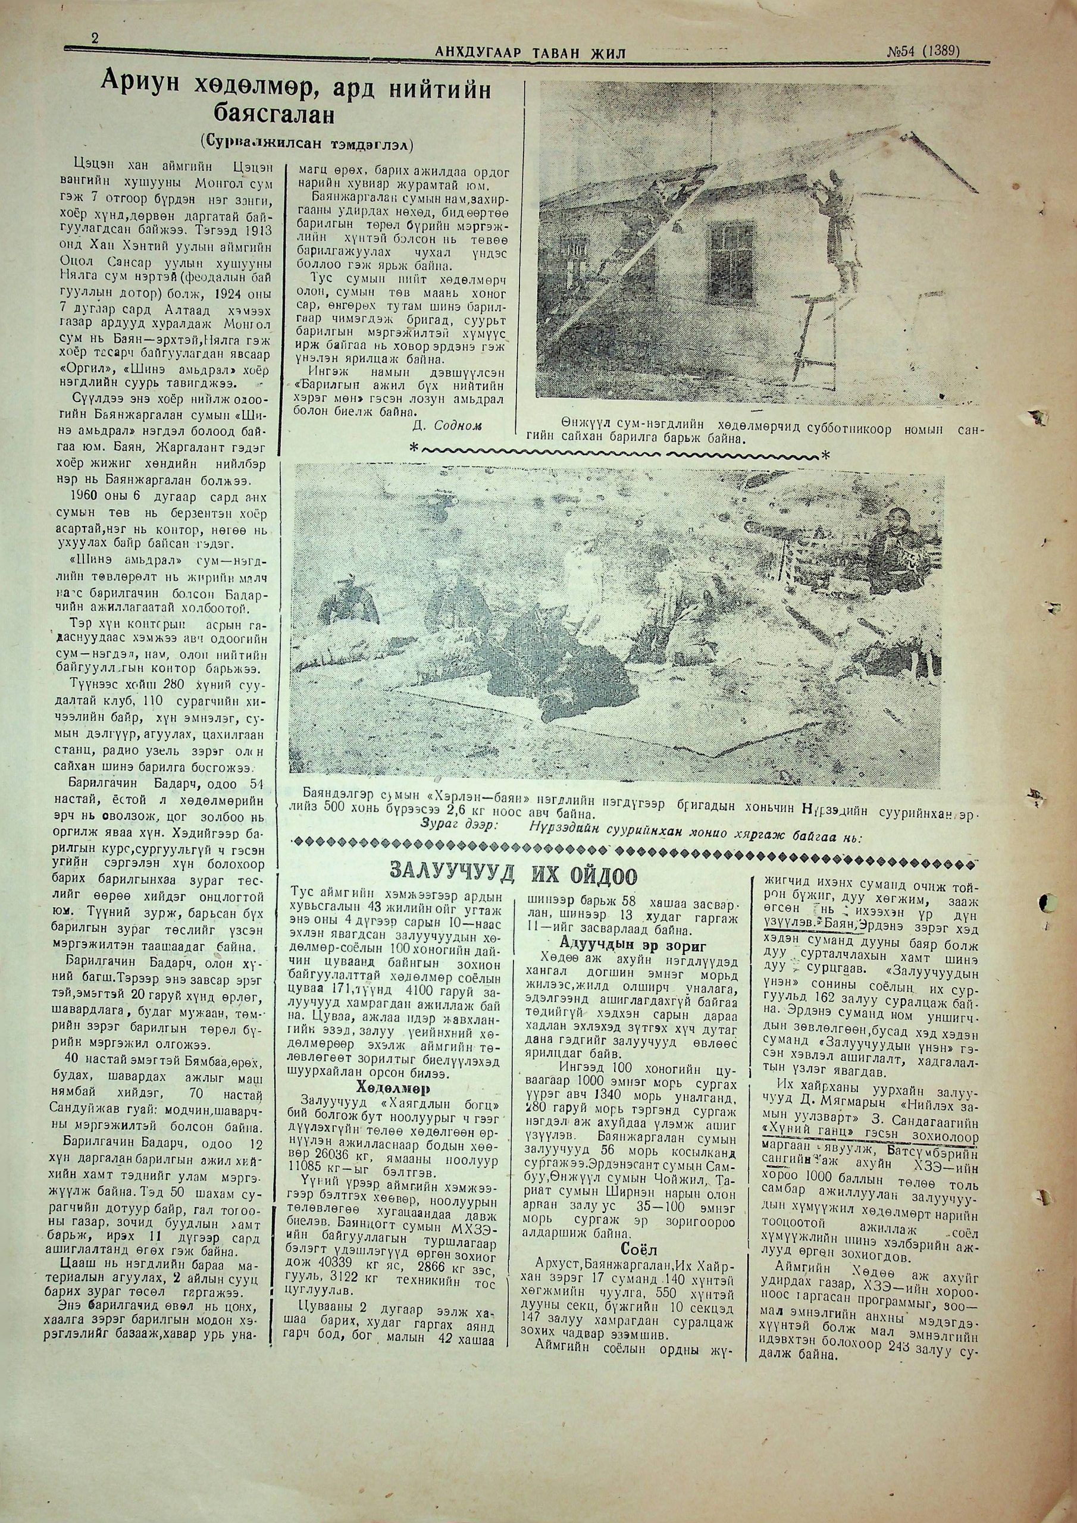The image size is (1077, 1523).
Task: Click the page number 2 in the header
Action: [x=95, y=39]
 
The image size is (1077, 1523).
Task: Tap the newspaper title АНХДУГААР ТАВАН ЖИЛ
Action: [x=530, y=52]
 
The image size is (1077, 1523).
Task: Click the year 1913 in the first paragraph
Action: [x=243, y=221]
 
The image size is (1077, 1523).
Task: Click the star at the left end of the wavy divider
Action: [x=414, y=449]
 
